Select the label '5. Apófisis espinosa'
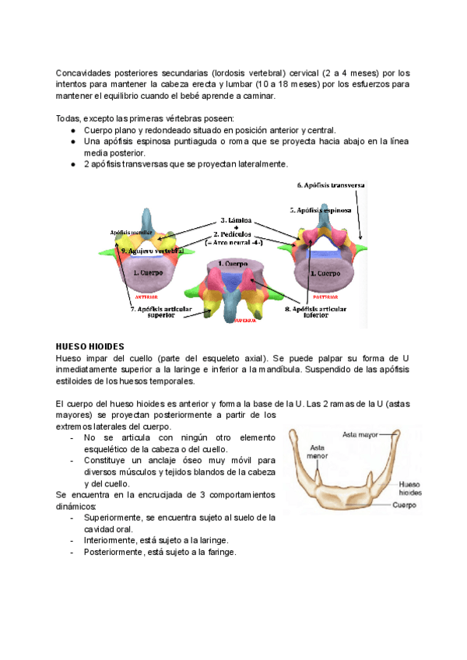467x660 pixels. (x=320, y=210)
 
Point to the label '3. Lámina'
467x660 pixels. (x=234, y=220)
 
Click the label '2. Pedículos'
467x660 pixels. (x=235, y=234)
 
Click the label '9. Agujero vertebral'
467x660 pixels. (x=151, y=251)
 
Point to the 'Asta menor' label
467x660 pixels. (x=318, y=452)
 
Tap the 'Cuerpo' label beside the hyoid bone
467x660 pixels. (x=405, y=504)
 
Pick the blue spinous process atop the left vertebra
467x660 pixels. (x=147, y=219)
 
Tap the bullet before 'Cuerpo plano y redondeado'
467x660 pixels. (x=72, y=130)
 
